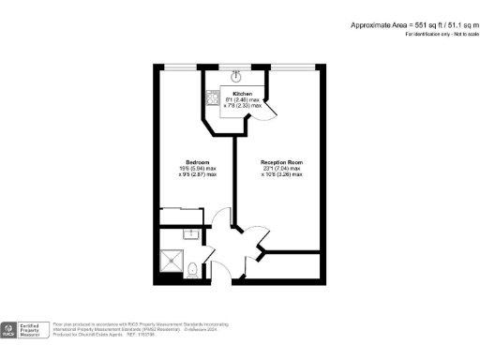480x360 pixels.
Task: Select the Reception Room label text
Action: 281,161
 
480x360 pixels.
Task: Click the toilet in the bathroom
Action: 192,271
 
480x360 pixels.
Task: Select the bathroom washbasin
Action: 191,233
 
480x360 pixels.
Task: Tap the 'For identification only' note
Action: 439,35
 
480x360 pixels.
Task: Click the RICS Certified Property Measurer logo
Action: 24,328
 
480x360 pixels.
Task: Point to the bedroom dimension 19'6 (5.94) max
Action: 197,168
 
